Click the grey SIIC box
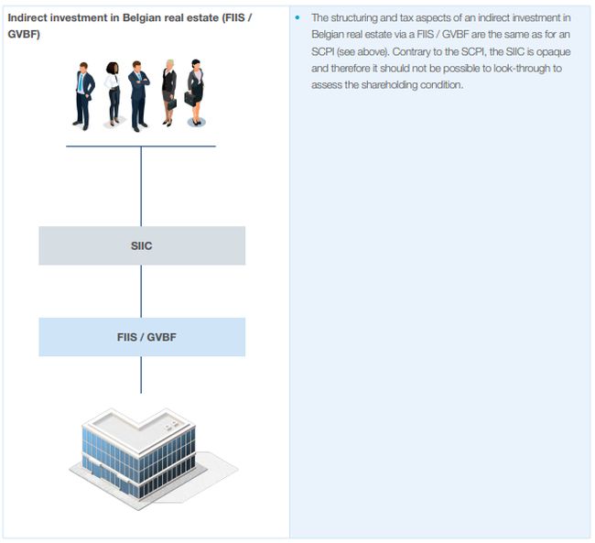[142, 245]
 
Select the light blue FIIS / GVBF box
[142, 337]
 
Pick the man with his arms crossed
[138, 94]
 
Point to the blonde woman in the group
[169, 92]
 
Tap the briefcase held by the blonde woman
[171, 103]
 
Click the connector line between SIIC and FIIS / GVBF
[141, 291]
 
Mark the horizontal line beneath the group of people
[141, 147]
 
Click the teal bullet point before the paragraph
[298, 18]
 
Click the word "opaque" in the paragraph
[553, 52]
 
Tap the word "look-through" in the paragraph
[519, 69]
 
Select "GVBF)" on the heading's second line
[24, 35]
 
